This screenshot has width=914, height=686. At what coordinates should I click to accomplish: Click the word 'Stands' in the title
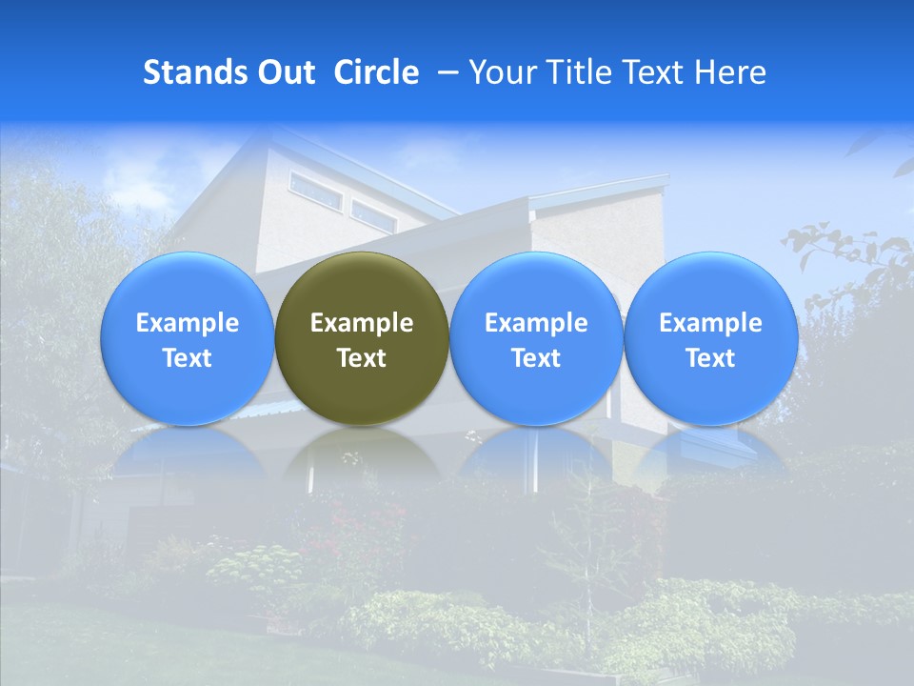[194, 72]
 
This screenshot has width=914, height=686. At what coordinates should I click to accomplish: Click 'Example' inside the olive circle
[362, 323]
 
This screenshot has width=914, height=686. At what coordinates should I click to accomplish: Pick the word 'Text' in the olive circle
[362, 358]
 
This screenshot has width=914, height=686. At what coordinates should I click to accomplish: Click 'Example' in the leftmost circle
[188, 323]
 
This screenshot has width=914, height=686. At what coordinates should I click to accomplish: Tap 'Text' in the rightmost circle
[710, 358]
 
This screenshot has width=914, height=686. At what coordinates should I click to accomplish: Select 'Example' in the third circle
[536, 323]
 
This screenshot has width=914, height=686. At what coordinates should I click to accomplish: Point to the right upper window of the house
[374, 216]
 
